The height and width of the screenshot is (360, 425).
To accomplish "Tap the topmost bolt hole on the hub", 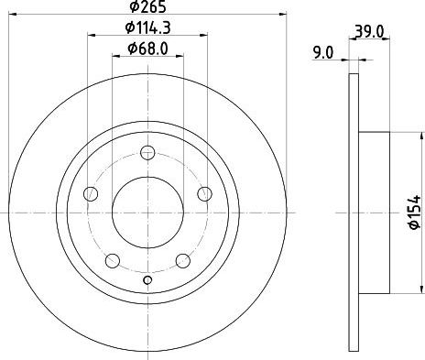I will [147, 153].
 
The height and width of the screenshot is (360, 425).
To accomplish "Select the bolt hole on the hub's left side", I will [90, 193].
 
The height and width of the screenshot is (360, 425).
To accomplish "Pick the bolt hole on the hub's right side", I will [204, 193].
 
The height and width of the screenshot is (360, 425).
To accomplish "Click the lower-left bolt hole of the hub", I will [112, 259].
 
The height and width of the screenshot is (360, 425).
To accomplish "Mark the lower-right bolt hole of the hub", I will [182, 259].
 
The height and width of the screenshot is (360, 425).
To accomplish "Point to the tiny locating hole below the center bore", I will [147, 278].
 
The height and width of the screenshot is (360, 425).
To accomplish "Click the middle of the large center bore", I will [147, 213].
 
